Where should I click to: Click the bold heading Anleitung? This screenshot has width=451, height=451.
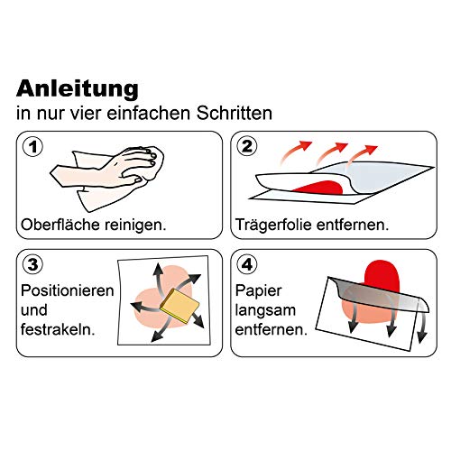pyautogui.click(x=78, y=88)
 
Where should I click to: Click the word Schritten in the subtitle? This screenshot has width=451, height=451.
pyautogui.click(x=235, y=113)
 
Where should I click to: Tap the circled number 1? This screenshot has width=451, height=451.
pyautogui.click(x=33, y=147)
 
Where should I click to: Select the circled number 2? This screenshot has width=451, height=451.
pyautogui.click(x=247, y=147)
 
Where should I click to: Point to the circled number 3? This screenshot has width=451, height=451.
pyautogui.click(x=33, y=264)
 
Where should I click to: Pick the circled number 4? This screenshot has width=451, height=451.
pyautogui.click(x=247, y=264)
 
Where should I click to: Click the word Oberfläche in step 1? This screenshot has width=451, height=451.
pyautogui.click(x=60, y=225)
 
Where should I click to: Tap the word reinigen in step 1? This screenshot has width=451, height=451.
pyautogui.click(x=135, y=225)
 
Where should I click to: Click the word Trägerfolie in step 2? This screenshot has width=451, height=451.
pyautogui.click(x=273, y=225)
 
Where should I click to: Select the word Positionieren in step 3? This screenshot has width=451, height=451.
pyautogui.click(x=68, y=290)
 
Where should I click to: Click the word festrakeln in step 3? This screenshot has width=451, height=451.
pyautogui.click(x=58, y=329)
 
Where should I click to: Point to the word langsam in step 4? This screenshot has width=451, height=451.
pyautogui.click(x=265, y=310)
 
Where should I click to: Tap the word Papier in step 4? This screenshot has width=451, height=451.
pyautogui.click(x=259, y=291)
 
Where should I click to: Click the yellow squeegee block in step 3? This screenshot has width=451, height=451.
pyautogui.click(x=179, y=305)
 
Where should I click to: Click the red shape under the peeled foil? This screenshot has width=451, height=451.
pyautogui.click(x=319, y=188)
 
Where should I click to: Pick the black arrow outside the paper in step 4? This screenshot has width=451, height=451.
pyautogui.click(x=422, y=327)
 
